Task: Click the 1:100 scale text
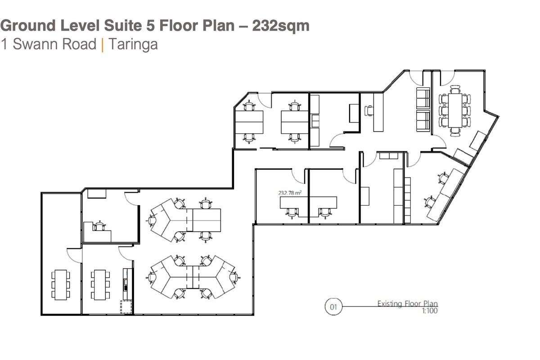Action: point(429,310)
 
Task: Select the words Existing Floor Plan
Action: point(407,304)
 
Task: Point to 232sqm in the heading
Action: point(281,26)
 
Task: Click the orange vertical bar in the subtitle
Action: point(102,45)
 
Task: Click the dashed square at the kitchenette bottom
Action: point(126,307)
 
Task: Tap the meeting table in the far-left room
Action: point(60,284)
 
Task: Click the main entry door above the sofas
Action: point(417,79)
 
